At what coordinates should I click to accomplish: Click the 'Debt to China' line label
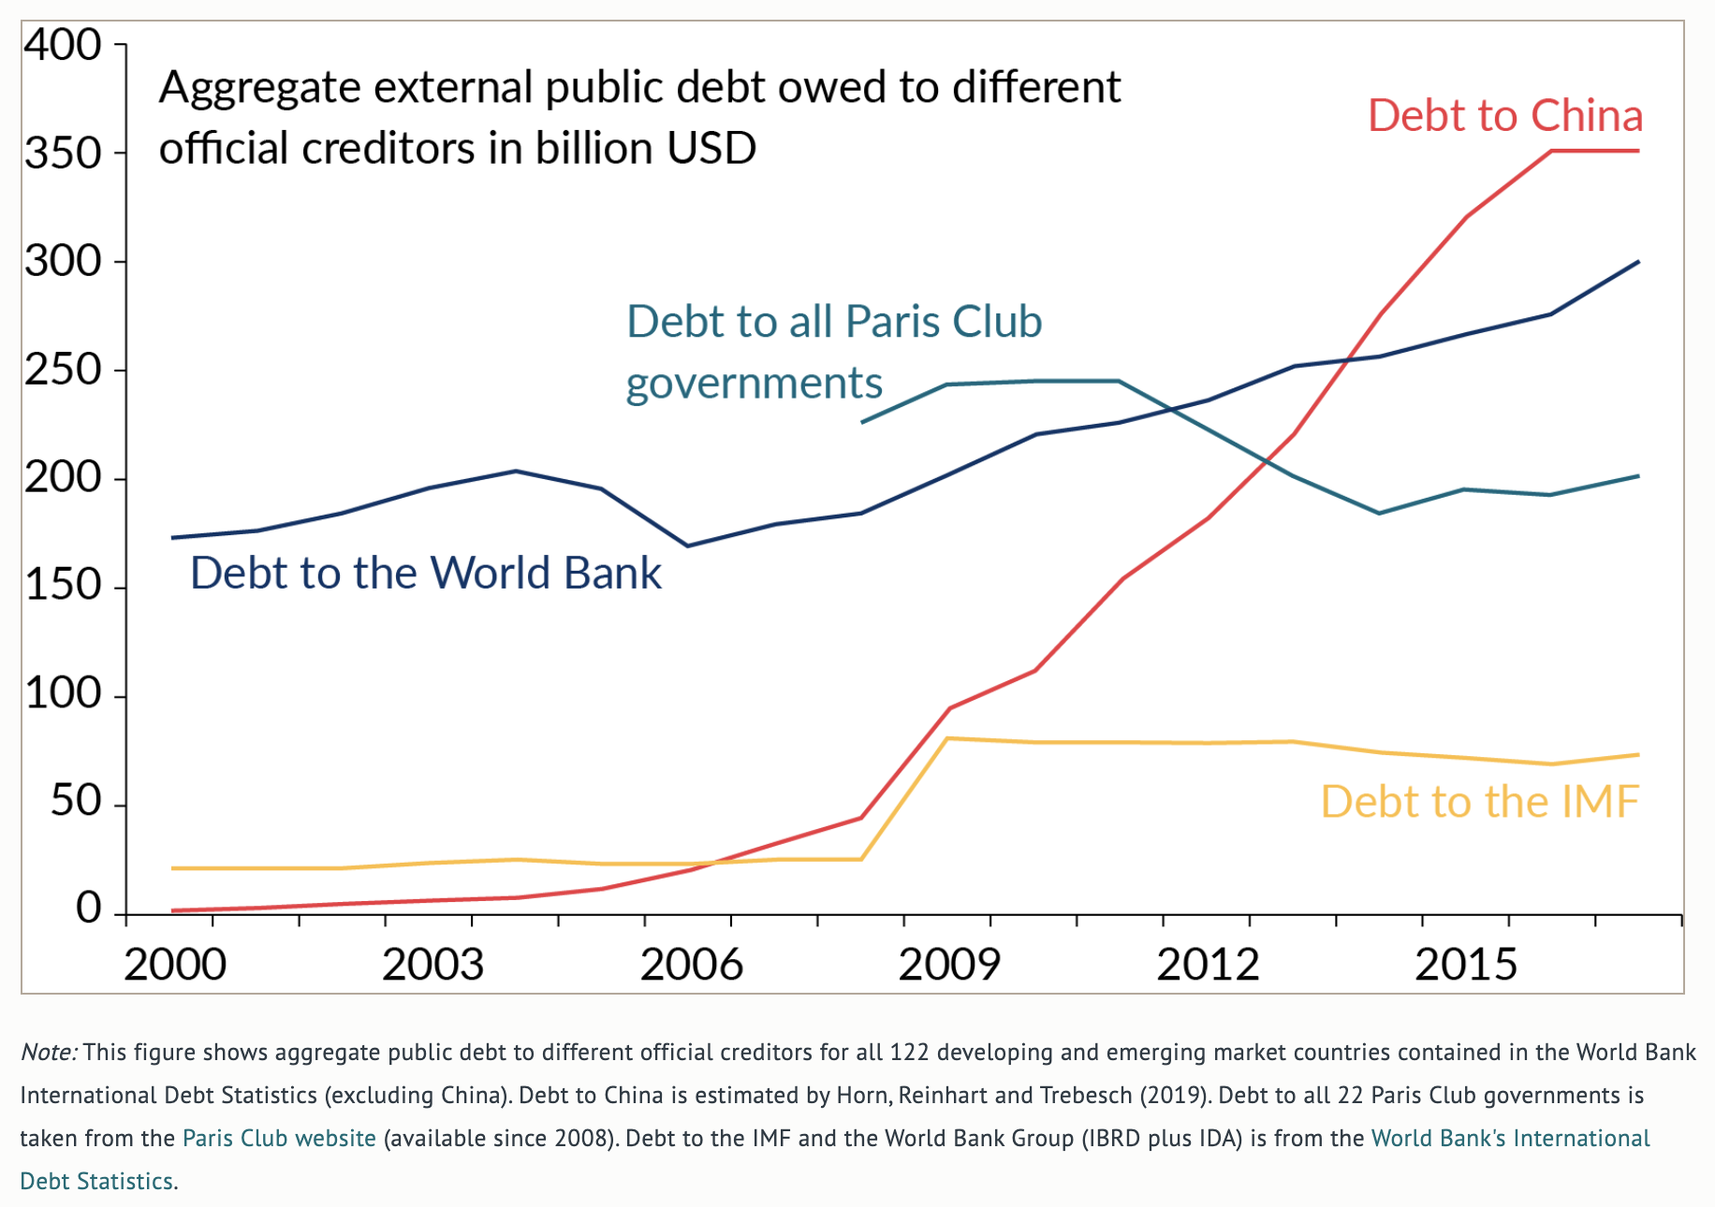(1504, 116)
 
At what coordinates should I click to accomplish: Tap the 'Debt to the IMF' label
(1479, 802)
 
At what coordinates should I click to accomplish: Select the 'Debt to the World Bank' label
(425, 573)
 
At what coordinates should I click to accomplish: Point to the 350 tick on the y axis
(63, 153)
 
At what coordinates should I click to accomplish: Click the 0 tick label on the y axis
(88, 908)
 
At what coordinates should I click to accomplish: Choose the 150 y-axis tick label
(63, 586)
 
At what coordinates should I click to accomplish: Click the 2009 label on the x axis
(948, 965)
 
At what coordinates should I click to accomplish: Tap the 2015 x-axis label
(1465, 965)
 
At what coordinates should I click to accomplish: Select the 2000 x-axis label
(175, 965)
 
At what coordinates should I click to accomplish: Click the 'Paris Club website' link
(279, 1139)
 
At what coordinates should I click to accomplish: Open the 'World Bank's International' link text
(1510, 1139)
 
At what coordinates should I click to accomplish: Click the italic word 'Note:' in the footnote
(49, 1053)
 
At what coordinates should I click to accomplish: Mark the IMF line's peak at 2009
(948, 738)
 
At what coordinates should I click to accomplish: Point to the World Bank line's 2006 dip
(689, 545)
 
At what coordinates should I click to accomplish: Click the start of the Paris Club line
(862, 423)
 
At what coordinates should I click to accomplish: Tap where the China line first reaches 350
(1551, 152)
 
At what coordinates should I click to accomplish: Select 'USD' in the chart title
(712, 149)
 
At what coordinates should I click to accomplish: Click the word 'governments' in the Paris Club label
(754, 384)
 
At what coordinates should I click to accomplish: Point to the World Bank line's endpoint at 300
(1638, 262)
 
